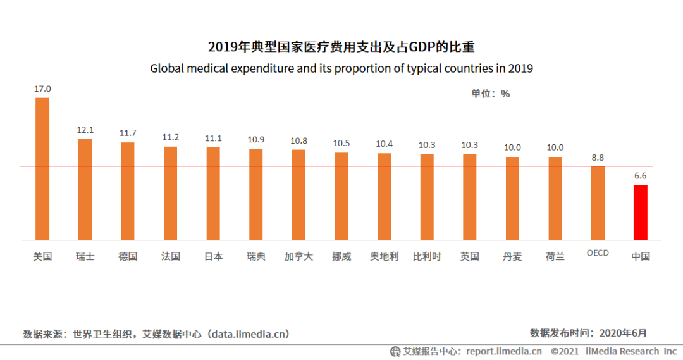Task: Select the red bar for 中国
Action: (641, 213)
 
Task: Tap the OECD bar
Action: (598, 203)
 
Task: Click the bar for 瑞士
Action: (85, 189)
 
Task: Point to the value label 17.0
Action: (42, 89)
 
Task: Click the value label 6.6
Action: (641, 176)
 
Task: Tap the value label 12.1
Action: (85, 130)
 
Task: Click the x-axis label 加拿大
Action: (298, 257)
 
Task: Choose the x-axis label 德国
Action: (128, 257)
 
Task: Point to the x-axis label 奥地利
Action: (384, 257)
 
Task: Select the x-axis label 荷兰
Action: (555, 257)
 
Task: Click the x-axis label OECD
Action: (598, 253)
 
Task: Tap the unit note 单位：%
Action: (490, 94)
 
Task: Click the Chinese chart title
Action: (341, 47)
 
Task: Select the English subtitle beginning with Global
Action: (341, 68)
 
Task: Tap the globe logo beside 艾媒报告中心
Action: (395, 352)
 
